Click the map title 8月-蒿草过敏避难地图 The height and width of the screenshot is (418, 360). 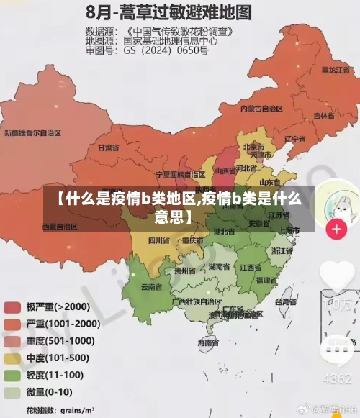tap(171, 12)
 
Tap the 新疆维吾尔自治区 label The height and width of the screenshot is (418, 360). tap(32, 133)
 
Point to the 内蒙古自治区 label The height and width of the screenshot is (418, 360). tap(261, 109)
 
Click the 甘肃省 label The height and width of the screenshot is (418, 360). tap(107, 147)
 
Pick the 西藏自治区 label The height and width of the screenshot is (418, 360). tap(61, 226)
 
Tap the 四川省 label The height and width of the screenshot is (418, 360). tap(158, 240)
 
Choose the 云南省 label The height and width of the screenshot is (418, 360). tap(151, 286)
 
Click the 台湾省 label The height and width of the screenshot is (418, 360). tap(286, 302)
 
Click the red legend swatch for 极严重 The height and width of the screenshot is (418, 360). tap(12, 307)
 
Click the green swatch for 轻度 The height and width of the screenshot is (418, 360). tap(12, 376)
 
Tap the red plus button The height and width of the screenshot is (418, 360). tap(336, 230)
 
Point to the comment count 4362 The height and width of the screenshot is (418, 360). tap(336, 378)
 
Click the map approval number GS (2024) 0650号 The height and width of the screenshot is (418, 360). tap(166, 50)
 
